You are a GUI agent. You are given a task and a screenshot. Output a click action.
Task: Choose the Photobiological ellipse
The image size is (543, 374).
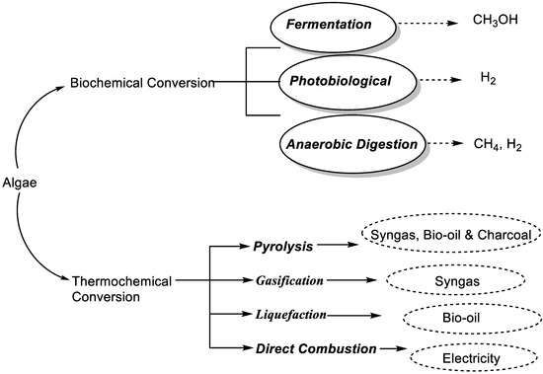click(x=350, y=84)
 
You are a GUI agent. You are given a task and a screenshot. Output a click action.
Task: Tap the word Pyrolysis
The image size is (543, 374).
click(x=280, y=243)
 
